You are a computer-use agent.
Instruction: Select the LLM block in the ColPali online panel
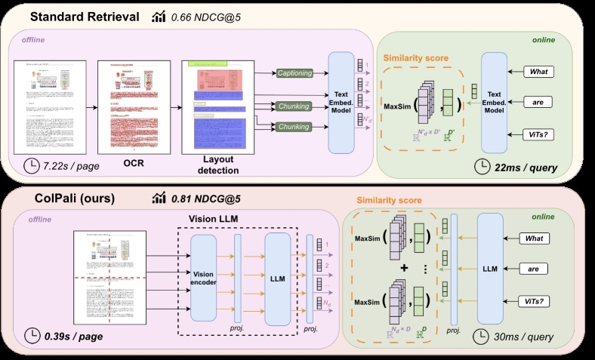[490, 268]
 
